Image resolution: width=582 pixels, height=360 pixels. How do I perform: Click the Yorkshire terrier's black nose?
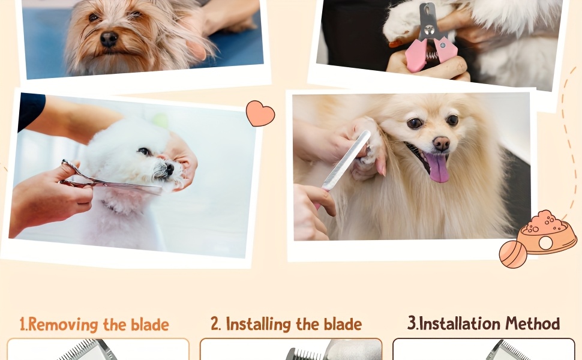tap(109, 38)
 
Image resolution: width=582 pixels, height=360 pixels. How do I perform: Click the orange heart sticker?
tap(260, 113)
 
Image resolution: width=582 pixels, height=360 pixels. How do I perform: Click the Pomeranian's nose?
tap(442, 143)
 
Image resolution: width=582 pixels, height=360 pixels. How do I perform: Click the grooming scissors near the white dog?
tap(107, 179)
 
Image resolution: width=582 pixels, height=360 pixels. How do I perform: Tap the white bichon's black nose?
tap(170, 169)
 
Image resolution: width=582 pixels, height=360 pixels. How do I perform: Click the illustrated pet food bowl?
tap(547, 233)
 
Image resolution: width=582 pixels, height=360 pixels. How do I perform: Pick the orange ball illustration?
tap(513, 254)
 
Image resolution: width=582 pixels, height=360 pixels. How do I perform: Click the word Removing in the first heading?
tap(63, 325)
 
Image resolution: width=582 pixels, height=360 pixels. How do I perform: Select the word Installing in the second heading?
tap(259, 324)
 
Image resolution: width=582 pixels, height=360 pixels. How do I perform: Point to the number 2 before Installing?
tap(215, 323)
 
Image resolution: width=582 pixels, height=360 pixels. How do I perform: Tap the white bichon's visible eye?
tap(144, 151)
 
